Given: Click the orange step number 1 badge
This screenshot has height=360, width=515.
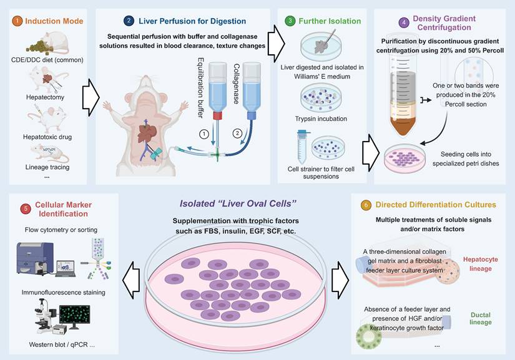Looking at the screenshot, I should coord(17,22).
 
